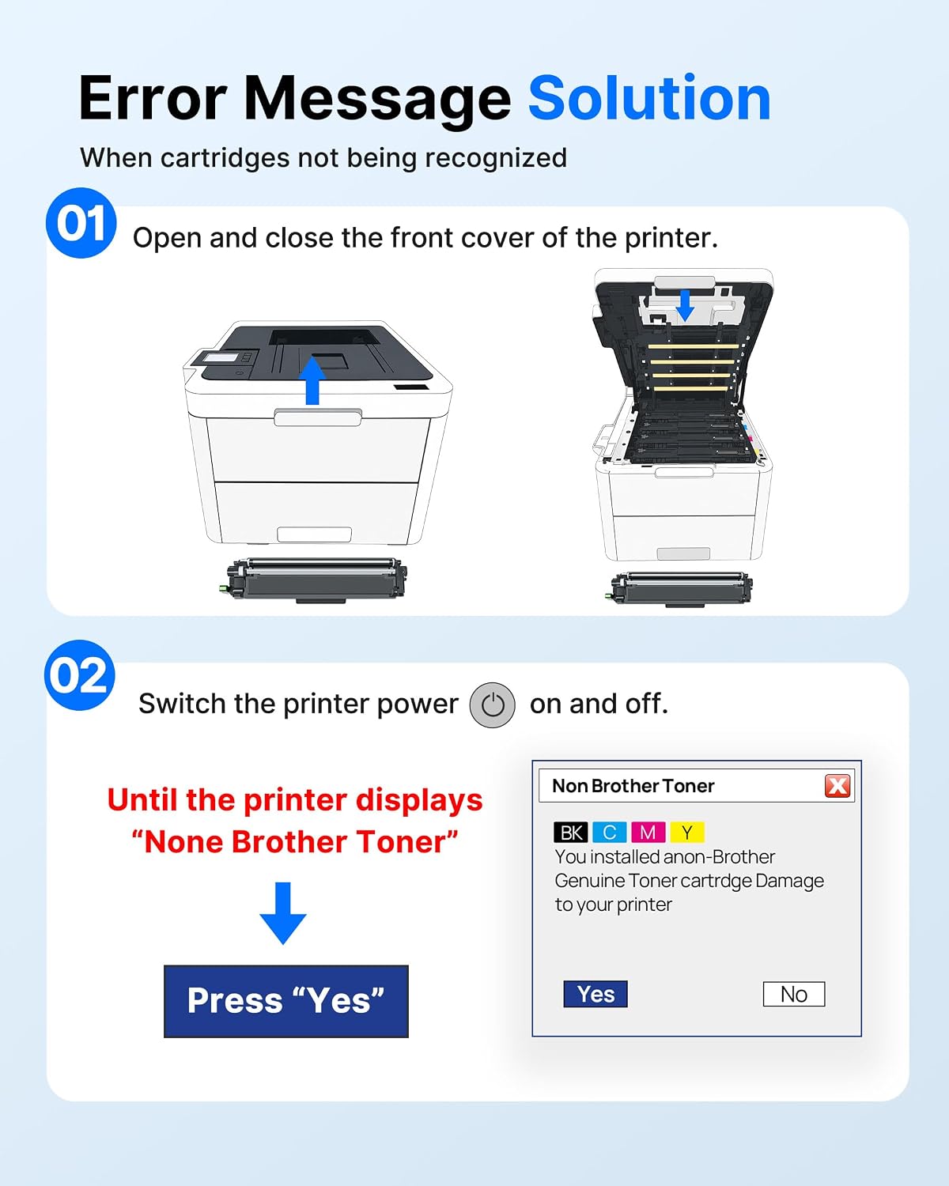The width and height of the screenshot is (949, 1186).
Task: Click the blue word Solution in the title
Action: (649, 99)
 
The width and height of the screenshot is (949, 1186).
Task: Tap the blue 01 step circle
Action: (81, 223)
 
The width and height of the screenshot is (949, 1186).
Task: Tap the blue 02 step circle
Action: (80, 675)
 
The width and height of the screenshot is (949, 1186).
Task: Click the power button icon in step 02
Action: (493, 704)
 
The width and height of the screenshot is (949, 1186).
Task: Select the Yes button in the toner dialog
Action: (595, 994)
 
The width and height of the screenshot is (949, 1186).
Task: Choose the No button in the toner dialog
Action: (794, 994)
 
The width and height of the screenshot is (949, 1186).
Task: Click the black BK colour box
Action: (571, 833)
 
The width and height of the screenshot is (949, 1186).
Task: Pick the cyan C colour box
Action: (609, 833)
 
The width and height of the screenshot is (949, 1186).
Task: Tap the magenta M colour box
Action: (648, 833)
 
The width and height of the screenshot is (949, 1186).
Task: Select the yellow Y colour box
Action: (687, 833)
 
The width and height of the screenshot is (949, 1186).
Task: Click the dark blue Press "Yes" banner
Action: (286, 1001)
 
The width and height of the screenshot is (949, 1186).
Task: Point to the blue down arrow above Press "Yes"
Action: (283, 913)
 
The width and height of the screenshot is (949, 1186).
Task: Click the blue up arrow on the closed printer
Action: (312, 381)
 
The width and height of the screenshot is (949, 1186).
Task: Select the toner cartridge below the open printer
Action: (679, 589)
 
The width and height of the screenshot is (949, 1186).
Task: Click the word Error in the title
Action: (153, 99)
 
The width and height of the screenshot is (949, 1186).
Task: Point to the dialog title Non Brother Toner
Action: (633, 785)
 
